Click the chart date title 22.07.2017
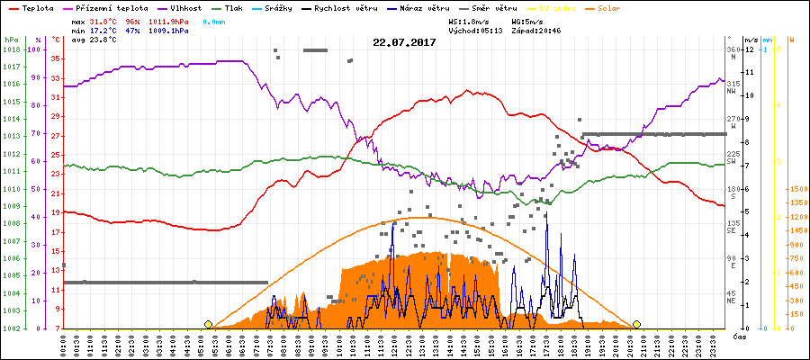pyautogui.click(x=404, y=42)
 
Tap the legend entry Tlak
pyautogui.click(x=233, y=7)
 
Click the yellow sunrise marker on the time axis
pyautogui.click(x=209, y=324)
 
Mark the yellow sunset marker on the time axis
pyautogui.click(x=637, y=324)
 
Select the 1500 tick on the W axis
pyautogui.click(x=797, y=190)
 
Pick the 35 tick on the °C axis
pyautogui.click(x=56, y=58)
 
